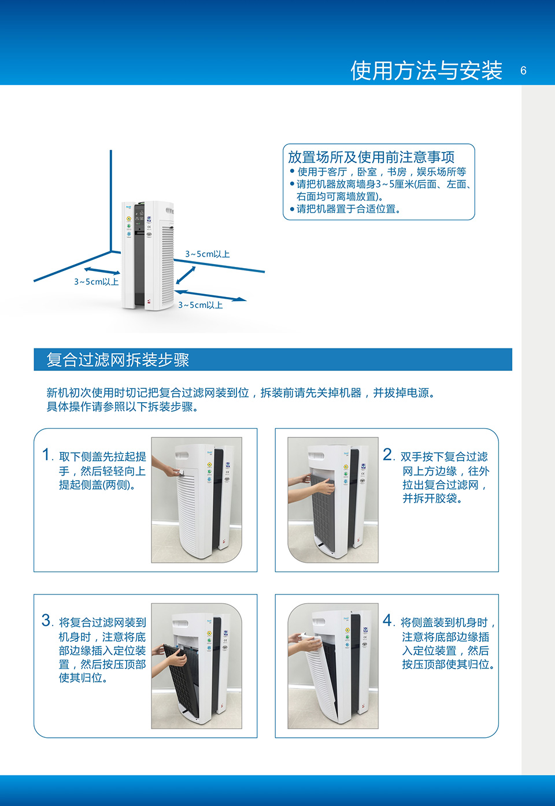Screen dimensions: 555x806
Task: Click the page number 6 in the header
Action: coord(523,70)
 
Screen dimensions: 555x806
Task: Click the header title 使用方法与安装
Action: coord(427,70)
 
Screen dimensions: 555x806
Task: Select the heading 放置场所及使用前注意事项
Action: coord(371,157)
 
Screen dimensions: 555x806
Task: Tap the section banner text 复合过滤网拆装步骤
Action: coord(118,359)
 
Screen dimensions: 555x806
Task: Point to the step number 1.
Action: coord(46,454)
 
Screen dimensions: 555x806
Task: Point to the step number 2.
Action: coord(388,454)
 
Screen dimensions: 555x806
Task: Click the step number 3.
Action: coord(46,620)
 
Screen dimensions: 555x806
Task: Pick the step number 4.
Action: coord(387,620)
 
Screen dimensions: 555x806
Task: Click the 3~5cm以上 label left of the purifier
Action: coord(97,282)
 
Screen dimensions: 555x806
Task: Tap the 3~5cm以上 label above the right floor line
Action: coord(208,254)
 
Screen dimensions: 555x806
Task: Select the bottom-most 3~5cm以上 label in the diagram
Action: coord(201,305)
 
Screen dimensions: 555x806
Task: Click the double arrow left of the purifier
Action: coord(102,270)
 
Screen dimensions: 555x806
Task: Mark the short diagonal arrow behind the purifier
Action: coord(186,275)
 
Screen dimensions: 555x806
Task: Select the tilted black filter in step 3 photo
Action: coord(182,681)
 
